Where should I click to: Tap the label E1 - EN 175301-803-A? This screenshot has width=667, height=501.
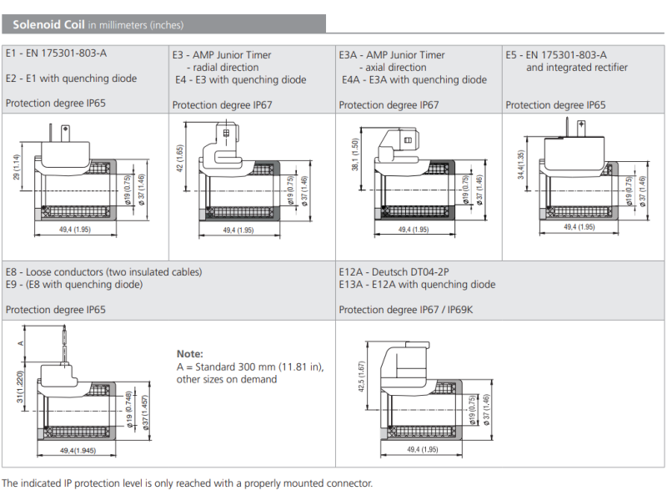56,53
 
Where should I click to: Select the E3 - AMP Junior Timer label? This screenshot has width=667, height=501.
222,55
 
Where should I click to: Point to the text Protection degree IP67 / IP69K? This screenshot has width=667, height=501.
405,310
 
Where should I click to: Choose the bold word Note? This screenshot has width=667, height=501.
189,354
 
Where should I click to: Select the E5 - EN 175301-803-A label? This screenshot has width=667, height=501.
556,55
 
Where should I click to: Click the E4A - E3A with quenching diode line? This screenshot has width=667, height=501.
414,80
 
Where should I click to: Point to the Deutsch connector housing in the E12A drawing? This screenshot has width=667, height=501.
404,360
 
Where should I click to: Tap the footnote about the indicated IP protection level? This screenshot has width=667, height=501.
187,483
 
